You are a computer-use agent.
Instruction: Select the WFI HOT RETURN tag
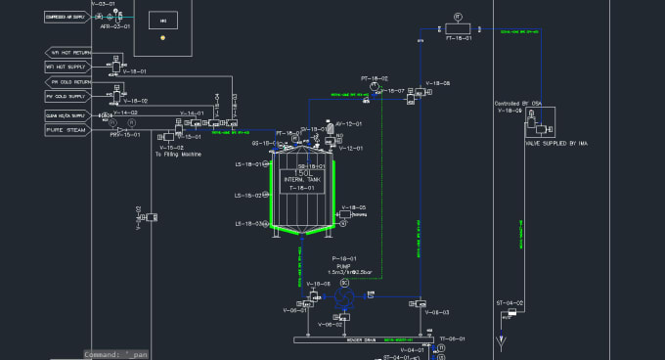66,52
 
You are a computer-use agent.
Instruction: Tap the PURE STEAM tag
65,129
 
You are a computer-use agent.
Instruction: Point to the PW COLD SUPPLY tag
66,97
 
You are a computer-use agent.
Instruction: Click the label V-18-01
134,71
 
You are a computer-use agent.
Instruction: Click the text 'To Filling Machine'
178,155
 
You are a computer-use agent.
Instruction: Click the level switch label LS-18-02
248,196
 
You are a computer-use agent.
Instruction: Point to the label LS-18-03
248,224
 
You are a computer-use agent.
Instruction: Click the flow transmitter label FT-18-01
459,38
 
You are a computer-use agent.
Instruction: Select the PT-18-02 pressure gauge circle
375,87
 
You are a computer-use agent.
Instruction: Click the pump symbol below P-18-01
343,296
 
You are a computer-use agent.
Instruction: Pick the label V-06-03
436,312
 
